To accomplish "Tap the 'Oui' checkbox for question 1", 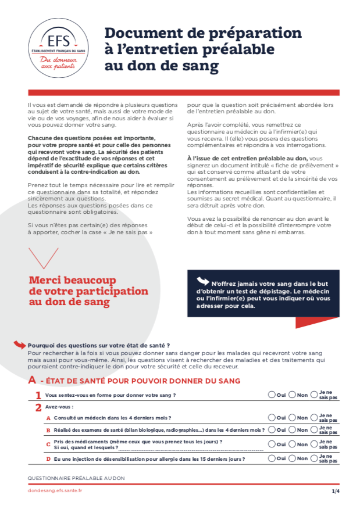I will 272,395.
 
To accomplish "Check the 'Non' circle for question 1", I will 292,395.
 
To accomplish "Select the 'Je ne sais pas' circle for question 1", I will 314,395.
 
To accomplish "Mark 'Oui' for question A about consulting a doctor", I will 272,417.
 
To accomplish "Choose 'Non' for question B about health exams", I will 292,430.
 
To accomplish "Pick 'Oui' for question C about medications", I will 272,445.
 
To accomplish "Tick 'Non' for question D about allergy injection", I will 292,458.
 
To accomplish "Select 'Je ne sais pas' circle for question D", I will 314,458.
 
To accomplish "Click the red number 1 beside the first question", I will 38,395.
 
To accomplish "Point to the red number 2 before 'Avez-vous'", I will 38,407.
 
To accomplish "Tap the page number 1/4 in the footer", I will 336,491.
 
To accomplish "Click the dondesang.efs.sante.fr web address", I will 55,491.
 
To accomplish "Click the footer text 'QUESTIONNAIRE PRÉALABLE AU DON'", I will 76,478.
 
